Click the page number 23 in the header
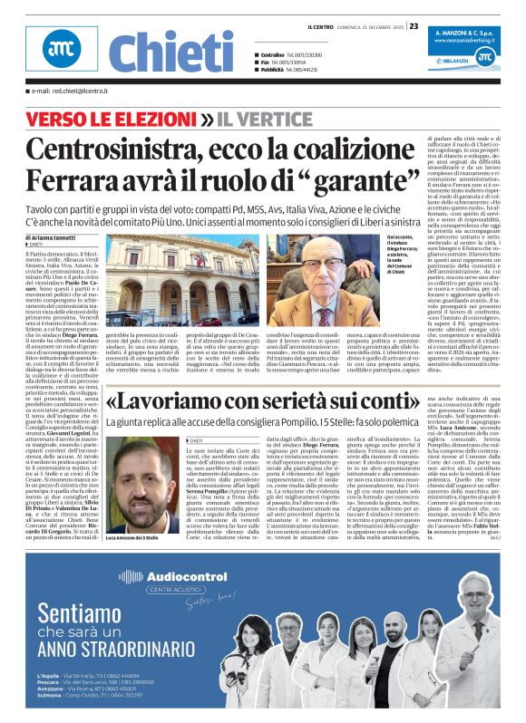pos(414,25)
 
